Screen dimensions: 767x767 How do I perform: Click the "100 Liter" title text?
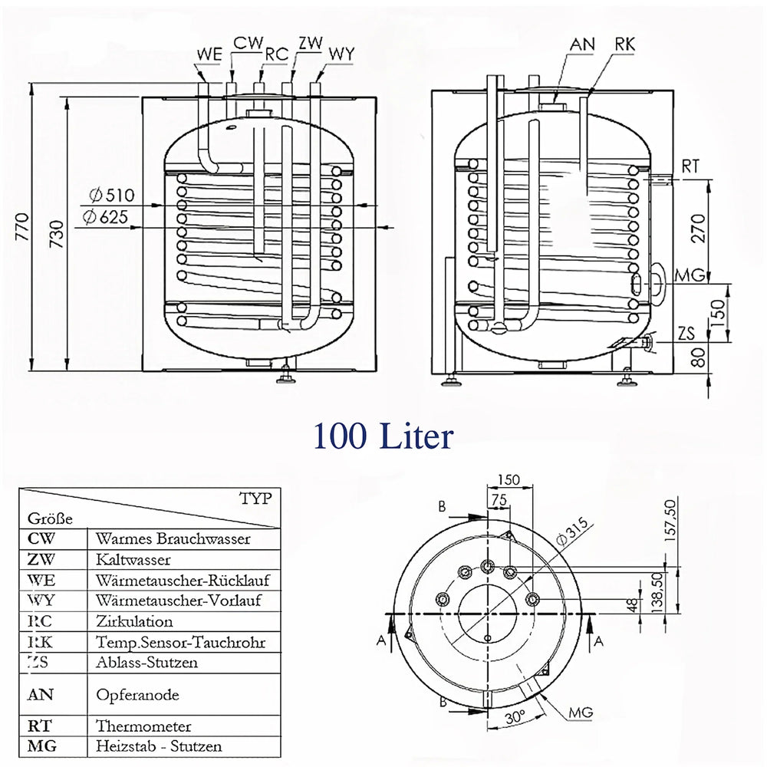(383, 436)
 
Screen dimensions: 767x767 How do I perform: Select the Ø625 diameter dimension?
(105, 217)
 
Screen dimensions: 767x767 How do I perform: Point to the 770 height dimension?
(22, 226)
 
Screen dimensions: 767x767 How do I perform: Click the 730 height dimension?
(57, 234)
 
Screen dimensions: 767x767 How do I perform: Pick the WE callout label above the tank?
(209, 54)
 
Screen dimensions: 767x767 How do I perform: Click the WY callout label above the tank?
(341, 54)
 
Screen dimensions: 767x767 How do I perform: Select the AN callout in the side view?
(582, 44)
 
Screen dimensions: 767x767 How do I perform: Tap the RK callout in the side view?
(624, 44)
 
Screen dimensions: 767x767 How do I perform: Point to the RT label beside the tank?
(690, 166)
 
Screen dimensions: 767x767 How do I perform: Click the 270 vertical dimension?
(699, 229)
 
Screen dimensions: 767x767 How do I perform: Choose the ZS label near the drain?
(686, 333)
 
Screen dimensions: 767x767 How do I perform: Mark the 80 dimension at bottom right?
(699, 357)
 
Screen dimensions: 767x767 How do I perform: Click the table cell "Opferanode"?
(137, 695)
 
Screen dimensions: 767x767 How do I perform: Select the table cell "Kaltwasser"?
(133, 559)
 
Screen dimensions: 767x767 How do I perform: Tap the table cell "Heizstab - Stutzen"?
(159, 746)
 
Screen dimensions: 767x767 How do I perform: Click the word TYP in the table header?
(255, 499)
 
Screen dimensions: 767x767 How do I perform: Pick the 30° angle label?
(515, 718)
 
